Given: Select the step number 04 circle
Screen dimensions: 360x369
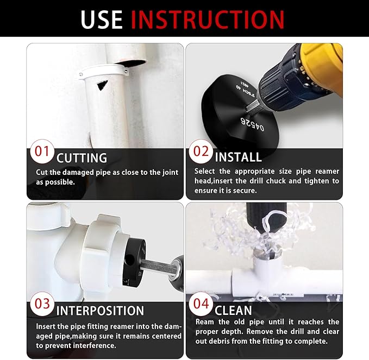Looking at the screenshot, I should click(201, 304).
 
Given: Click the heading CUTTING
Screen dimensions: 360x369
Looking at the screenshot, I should click(82, 158).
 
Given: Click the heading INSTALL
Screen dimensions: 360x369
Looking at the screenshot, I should click(238, 157).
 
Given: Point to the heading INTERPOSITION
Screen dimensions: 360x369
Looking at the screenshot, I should click(101, 311).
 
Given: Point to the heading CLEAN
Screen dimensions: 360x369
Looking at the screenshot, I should click(233, 311).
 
